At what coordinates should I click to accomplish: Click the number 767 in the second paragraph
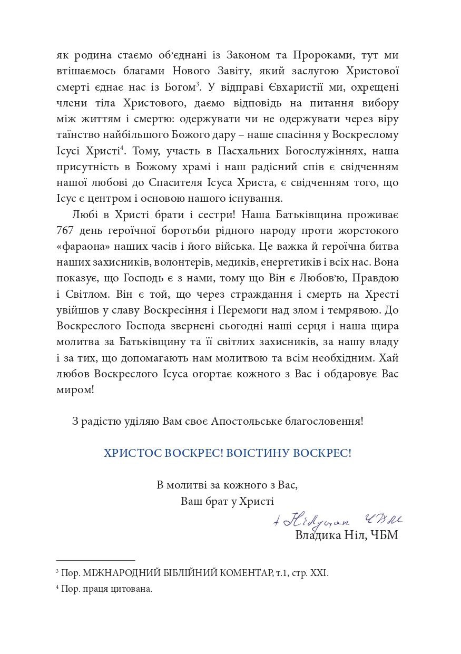click(x=66, y=231)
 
